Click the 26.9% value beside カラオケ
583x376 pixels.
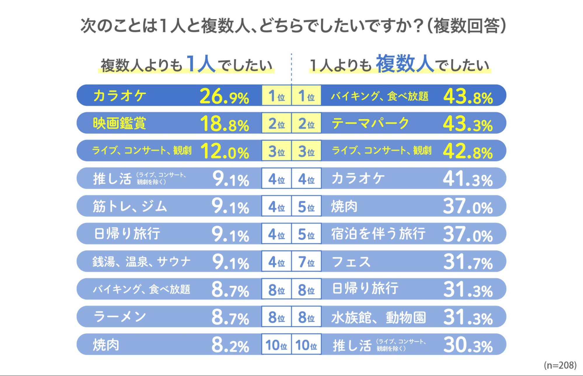(224, 96)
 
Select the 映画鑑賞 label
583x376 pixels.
(120, 123)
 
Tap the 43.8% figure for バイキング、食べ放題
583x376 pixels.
(468, 96)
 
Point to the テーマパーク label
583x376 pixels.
(370, 123)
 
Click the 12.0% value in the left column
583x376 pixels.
(225, 152)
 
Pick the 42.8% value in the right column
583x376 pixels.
(468, 152)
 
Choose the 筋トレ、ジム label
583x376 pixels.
(130, 206)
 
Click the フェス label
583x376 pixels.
(351, 262)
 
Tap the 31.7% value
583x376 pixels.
(468, 262)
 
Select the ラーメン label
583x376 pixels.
(120, 317)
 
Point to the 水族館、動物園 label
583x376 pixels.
(379, 317)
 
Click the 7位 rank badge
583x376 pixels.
(307, 262)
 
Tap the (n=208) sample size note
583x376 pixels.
(560, 365)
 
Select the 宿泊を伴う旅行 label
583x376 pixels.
(378, 234)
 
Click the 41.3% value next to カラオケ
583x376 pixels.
(468, 179)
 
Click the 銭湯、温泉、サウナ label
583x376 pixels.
(141, 262)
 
